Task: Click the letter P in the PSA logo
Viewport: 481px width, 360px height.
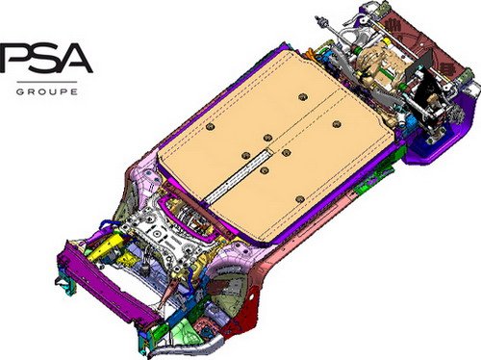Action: point(14,58)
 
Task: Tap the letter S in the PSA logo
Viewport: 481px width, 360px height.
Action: point(45,58)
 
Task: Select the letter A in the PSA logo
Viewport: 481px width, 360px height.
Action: point(74,58)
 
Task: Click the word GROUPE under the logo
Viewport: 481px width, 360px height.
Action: point(47,91)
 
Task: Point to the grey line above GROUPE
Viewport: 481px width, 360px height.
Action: point(47,82)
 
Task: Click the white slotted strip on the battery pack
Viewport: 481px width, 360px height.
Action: point(238,176)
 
